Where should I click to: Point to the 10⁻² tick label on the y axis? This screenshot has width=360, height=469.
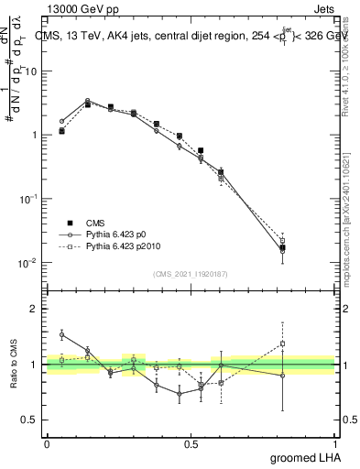pyautogui.click(x=28, y=263)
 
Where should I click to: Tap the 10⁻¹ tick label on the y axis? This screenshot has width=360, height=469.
pyautogui.click(x=28, y=199)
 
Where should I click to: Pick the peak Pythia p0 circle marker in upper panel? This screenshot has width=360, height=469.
pyautogui.click(x=87, y=101)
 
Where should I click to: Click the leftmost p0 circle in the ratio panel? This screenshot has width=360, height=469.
pyautogui.click(x=61, y=335)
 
